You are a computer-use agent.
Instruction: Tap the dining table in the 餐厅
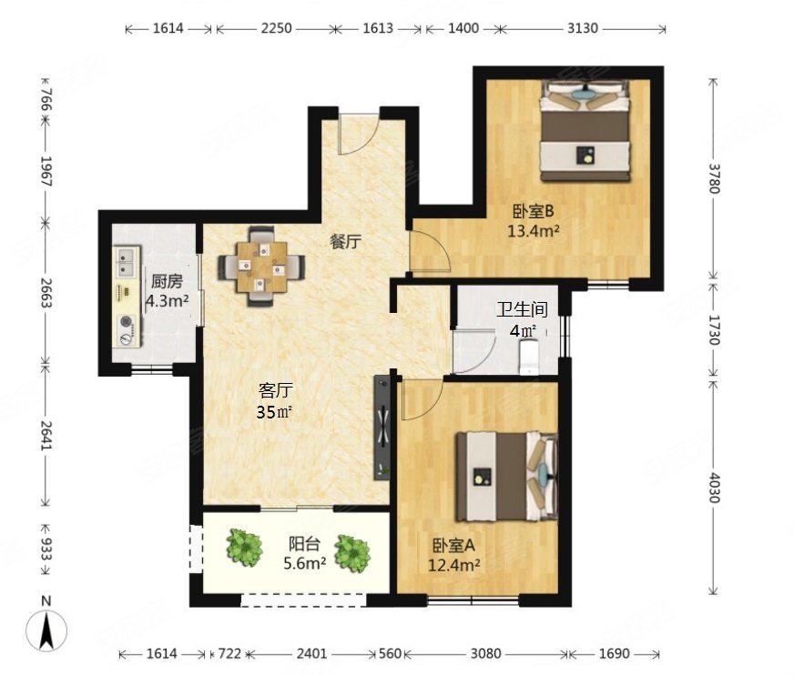pyautogui.click(x=261, y=267)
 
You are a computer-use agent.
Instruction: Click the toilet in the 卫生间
pyautogui.click(x=529, y=358)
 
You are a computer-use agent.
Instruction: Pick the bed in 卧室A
pyautogui.click(x=507, y=476)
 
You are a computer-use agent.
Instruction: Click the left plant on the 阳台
pyautogui.click(x=245, y=547)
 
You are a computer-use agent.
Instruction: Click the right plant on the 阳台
pyautogui.click(x=352, y=554)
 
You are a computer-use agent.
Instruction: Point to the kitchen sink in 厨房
pyautogui.click(x=126, y=261)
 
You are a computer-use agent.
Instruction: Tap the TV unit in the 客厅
pyautogui.click(x=382, y=428)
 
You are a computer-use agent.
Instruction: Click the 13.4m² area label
pyautogui.click(x=534, y=231)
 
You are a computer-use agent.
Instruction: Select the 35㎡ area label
pyautogui.click(x=274, y=412)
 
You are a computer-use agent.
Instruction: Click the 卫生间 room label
pyautogui.click(x=522, y=308)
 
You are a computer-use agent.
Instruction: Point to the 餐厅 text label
pyautogui.click(x=346, y=242)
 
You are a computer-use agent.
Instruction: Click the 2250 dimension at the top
pyautogui.click(x=276, y=28)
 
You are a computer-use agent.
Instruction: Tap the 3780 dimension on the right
pyautogui.click(x=713, y=178)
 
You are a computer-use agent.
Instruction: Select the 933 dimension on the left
pyautogui.click(x=46, y=549)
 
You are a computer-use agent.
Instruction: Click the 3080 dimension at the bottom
pyautogui.click(x=485, y=654)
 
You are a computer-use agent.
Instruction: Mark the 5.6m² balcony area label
pyautogui.click(x=304, y=563)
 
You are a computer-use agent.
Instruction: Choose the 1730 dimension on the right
pyautogui.click(x=713, y=330)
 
